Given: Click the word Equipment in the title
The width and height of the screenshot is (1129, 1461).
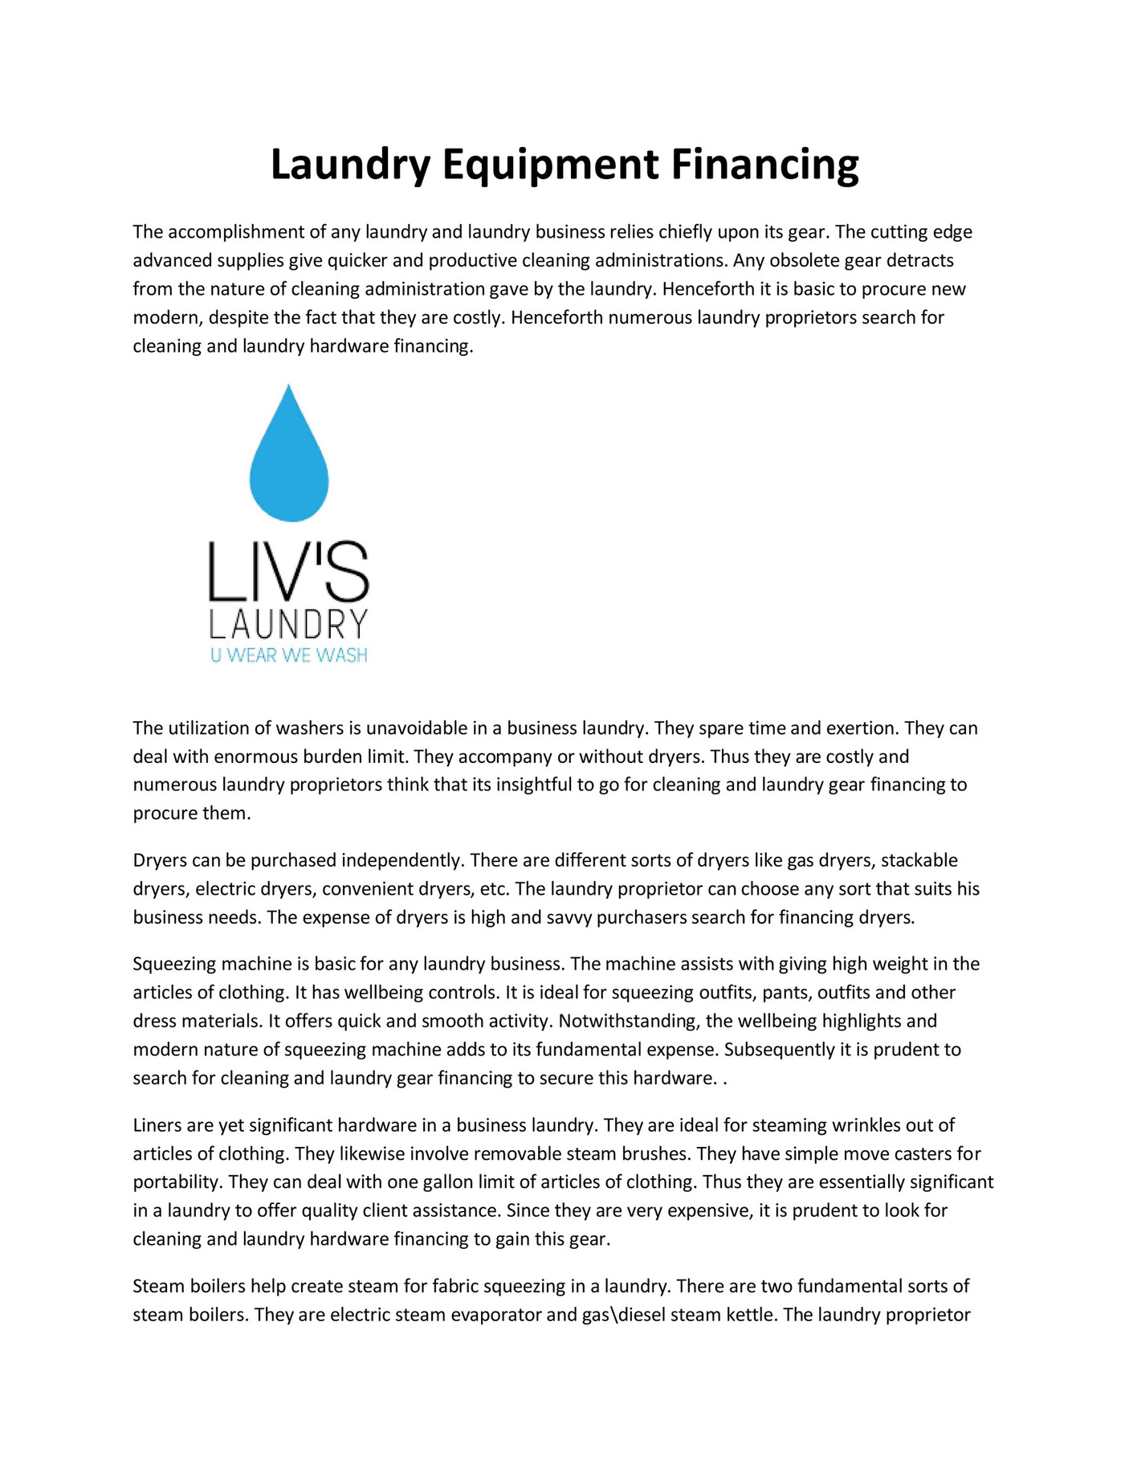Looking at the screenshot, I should pyautogui.click(x=550, y=165).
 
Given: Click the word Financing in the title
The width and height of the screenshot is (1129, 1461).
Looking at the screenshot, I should pyautogui.click(x=764, y=165).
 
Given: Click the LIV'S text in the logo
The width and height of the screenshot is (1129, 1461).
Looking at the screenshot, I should pyautogui.click(x=288, y=573).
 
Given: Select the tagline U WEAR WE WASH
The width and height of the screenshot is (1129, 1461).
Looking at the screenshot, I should pyautogui.click(x=288, y=655).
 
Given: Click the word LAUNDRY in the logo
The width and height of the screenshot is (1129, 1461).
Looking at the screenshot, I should pyautogui.click(x=288, y=624).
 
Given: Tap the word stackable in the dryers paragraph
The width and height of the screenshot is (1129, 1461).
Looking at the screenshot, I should pyautogui.click(x=919, y=860).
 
